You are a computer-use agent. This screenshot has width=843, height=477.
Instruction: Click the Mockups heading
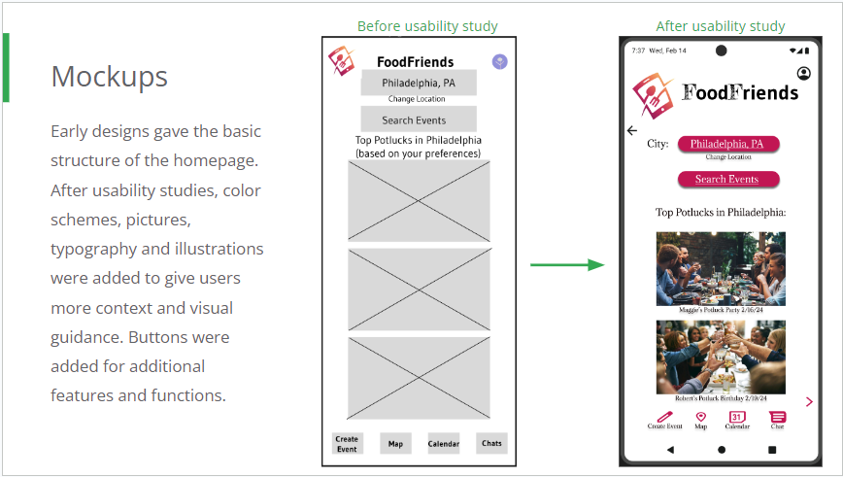point(109,76)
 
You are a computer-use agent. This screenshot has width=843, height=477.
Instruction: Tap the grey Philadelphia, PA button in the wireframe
point(419,83)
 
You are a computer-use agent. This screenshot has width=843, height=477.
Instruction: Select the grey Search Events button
point(419,119)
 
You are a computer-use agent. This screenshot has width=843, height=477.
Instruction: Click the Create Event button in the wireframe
point(347,443)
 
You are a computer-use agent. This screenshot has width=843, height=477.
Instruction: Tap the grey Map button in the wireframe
point(395,443)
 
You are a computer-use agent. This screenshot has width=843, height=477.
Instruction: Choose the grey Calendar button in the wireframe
point(444,443)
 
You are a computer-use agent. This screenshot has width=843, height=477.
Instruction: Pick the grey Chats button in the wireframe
point(492,443)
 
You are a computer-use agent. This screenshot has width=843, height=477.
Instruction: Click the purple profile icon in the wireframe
point(500,62)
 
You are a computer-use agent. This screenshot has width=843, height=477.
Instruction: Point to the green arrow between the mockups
point(567,264)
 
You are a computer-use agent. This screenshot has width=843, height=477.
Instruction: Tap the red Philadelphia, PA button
point(727,144)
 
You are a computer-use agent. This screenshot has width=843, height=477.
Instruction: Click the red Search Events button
point(726,179)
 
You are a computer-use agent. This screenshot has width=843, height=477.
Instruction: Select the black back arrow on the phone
point(632,130)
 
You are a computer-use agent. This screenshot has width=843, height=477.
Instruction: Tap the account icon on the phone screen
point(804,74)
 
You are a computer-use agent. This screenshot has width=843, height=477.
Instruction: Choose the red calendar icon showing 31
point(737,417)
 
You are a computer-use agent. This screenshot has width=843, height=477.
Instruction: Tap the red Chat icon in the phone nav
point(778,417)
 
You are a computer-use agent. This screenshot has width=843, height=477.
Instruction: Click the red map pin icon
point(700,417)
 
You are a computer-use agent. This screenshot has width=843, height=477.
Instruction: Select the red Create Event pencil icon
point(664,417)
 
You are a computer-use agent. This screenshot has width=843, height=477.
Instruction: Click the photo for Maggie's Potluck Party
point(721,267)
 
